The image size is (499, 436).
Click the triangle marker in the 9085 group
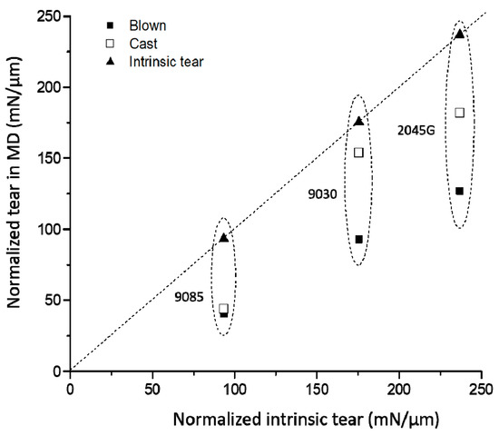coord(224,237)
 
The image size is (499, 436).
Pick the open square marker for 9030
coord(358,153)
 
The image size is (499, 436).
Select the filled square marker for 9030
coord(359,240)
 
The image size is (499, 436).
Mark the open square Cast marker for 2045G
coord(459,113)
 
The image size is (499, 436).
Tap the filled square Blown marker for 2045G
coord(459,191)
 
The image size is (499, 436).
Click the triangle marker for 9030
coord(358,121)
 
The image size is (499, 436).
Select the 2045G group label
coord(417,130)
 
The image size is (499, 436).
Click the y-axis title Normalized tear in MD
coord(17,193)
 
